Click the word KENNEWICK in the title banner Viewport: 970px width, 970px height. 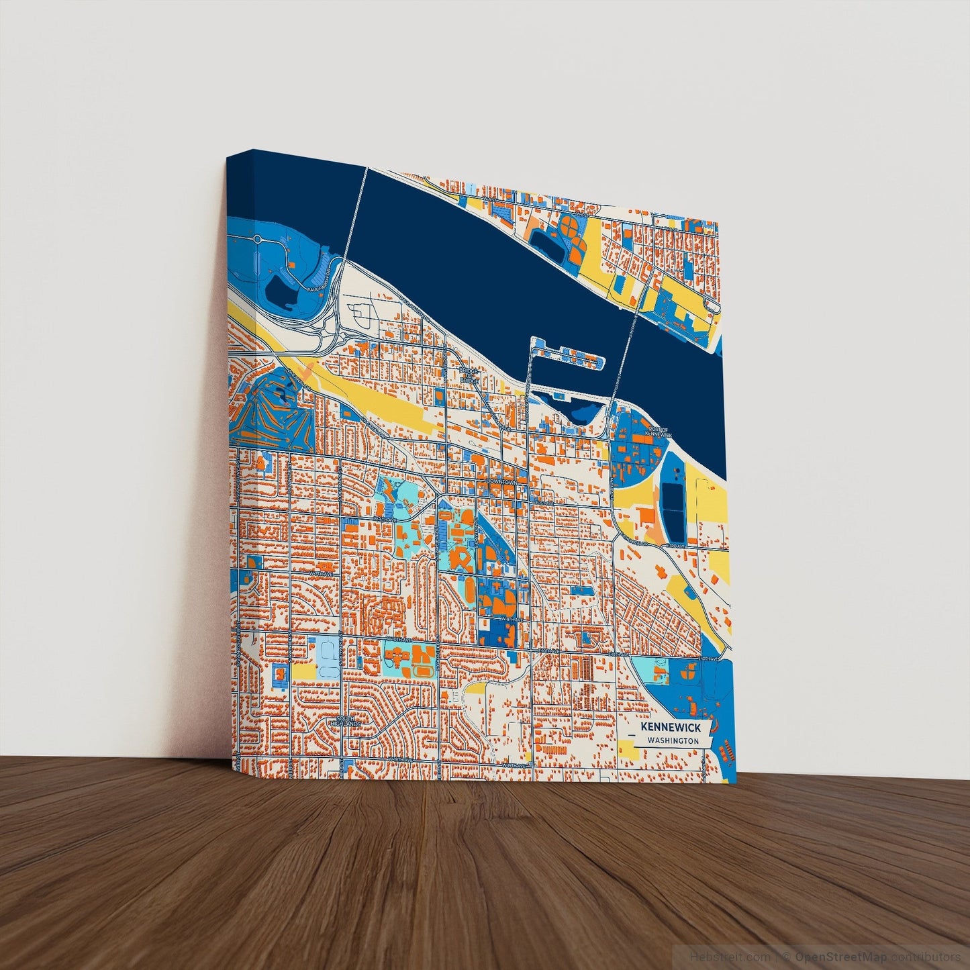(670, 727)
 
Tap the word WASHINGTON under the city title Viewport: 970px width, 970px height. (673, 740)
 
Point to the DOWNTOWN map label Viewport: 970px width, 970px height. (503, 483)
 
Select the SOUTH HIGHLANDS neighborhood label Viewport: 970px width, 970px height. (349, 722)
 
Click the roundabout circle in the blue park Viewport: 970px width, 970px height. (257, 239)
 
